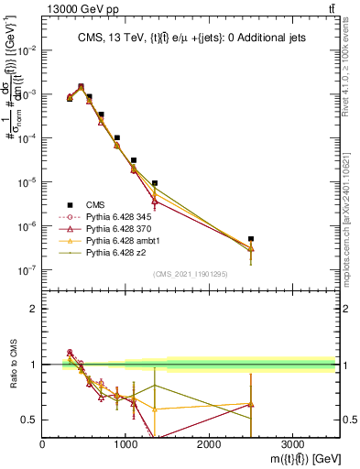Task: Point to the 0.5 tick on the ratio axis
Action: [30, 420]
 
